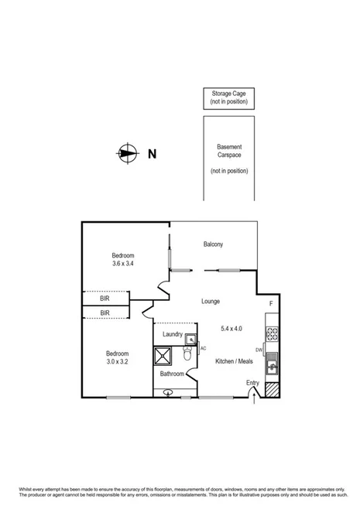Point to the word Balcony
(214, 245)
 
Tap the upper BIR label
(105, 298)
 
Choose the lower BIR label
(105, 313)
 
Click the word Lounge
(211, 301)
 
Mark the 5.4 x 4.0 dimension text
(231, 328)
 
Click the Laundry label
(172, 335)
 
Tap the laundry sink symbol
(190, 338)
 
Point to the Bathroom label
(172, 374)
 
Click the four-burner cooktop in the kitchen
(272, 334)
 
